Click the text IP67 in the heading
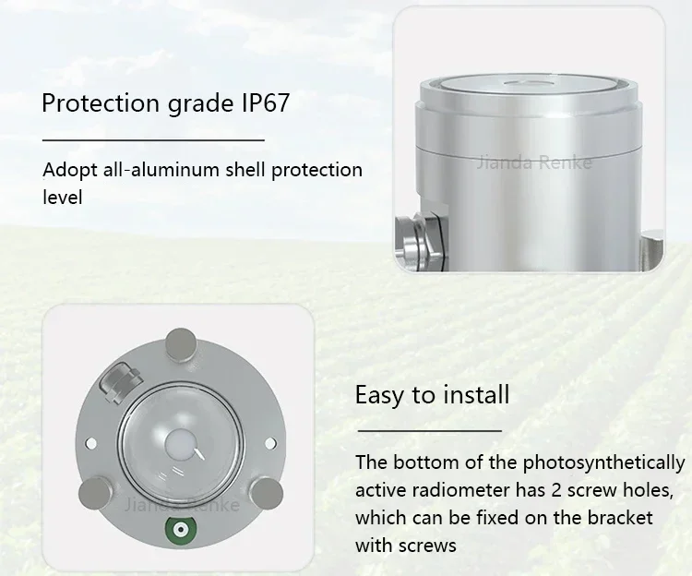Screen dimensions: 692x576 pos(266,102)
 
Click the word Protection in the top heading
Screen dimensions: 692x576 pos(101,102)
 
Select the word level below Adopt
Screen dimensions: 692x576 pos(63,197)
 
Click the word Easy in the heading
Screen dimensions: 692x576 pos(379,395)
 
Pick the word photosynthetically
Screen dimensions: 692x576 pos(603,463)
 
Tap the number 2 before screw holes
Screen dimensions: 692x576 pos(555,490)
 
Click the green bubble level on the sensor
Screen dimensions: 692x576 pos(181,529)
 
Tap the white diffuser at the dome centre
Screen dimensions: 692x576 pos(180,445)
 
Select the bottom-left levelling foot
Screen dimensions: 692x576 pos(94,493)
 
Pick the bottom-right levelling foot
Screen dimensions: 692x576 pos(267,493)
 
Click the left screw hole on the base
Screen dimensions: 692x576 pos(91,442)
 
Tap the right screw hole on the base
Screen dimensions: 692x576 pos(269,443)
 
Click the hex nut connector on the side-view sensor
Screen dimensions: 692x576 pos(418,241)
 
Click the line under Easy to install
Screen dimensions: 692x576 pos(429,430)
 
